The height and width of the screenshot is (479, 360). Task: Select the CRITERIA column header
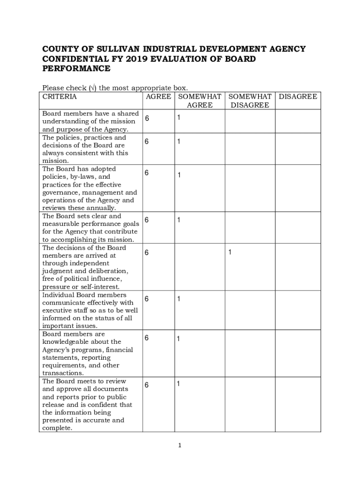pyautogui.click(x=59, y=97)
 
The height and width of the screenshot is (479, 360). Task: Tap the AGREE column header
pyautogui.click(x=158, y=97)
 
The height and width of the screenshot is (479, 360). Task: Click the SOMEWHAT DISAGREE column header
pyautogui.click(x=250, y=101)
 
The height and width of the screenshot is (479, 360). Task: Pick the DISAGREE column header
pyautogui.click(x=298, y=97)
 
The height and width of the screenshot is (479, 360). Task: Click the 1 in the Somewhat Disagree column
pyautogui.click(x=230, y=252)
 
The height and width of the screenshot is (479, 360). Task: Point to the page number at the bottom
pyautogui.click(x=180, y=446)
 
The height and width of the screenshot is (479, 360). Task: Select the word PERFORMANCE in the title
pyautogui.click(x=76, y=69)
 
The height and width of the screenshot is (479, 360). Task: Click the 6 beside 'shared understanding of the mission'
pyautogui.click(x=147, y=118)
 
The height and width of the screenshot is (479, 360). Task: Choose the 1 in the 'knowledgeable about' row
pyautogui.click(x=178, y=339)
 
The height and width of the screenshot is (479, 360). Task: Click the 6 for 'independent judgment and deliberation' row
pyautogui.click(x=147, y=253)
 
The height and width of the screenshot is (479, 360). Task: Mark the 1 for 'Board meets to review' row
pyautogui.click(x=178, y=384)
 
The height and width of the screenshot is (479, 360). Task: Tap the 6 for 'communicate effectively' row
pyautogui.click(x=147, y=298)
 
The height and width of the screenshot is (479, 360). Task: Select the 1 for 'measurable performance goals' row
pyautogui.click(x=178, y=220)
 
